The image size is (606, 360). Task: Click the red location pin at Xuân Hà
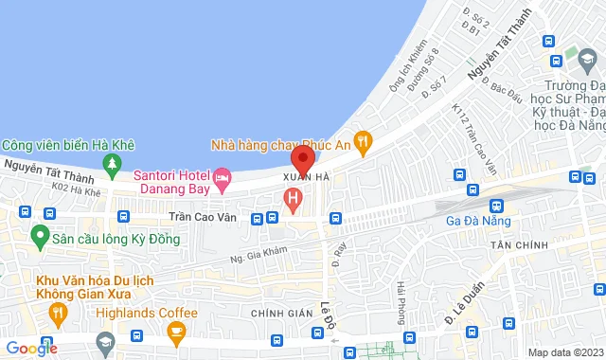coord(303,158)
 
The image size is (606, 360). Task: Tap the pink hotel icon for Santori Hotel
coord(223,176)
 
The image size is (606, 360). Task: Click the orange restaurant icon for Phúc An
coord(360,138)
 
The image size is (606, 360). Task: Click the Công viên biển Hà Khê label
coord(68,145)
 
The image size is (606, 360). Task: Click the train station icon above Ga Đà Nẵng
coord(494,205)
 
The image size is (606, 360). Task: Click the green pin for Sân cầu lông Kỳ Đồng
coord(40,233)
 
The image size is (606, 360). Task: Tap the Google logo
coord(30,349)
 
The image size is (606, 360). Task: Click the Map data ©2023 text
coord(564,352)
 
